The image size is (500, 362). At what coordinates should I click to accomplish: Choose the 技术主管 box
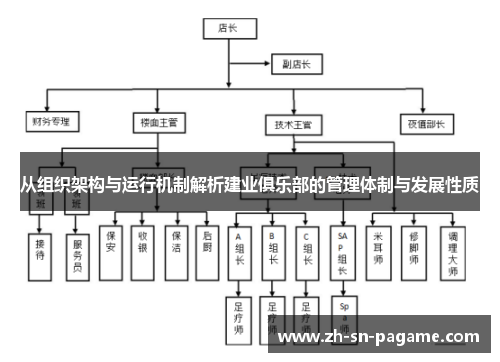click(293, 124)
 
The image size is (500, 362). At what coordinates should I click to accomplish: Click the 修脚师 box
click(415, 248)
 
